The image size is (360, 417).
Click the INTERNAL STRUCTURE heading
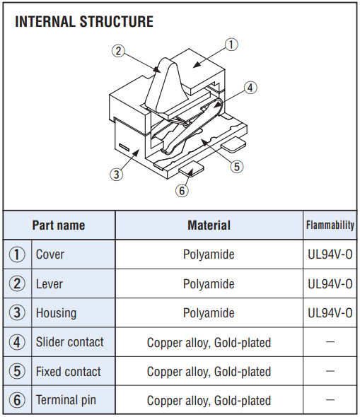tap(84, 21)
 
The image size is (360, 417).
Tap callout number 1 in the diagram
tap(231, 45)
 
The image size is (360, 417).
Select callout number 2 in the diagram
tap(118, 51)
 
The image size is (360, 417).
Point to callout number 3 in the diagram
tap(117, 175)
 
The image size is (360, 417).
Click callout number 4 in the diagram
tap(250, 88)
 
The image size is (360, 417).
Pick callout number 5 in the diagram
tap(237, 167)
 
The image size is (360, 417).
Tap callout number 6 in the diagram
tap(182, 190)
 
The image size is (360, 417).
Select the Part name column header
tap(59, 225)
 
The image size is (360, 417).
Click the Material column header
tap(209, 225)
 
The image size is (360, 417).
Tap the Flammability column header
tap(330, 225)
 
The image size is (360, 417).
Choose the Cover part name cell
tap(50, 254)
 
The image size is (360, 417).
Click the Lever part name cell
tap(50, 283)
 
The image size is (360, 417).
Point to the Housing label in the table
tap(56, 313)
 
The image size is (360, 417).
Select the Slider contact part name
tap(70, 342)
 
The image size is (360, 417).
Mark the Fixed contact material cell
tap(209, 372)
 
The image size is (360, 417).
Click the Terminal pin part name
tap(66, 400)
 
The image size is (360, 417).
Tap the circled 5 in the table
tap(17, 371)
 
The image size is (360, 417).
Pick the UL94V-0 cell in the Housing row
tap(330, 313)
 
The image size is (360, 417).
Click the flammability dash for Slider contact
tap(330, 342)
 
